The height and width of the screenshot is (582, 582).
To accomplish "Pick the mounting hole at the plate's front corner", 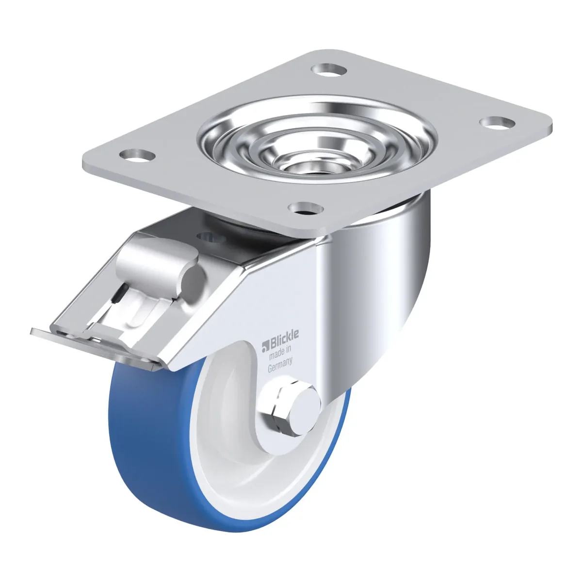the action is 306,209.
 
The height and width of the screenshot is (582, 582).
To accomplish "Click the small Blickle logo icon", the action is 265,348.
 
